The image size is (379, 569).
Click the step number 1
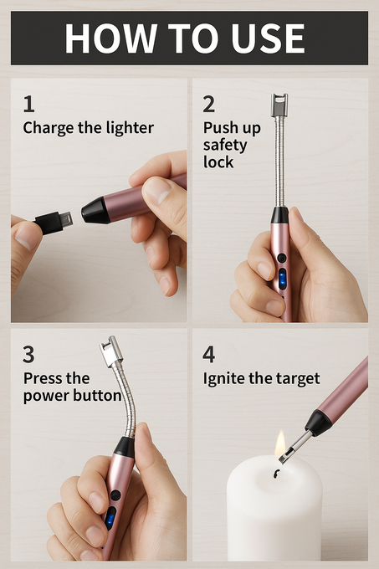pos(29,104)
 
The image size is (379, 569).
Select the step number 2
pos(209,104)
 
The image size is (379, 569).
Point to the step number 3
pos(28,355)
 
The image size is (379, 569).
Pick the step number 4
pos(209,355)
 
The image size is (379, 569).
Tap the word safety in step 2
pos(225,146)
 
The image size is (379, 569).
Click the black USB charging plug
pos(54,222)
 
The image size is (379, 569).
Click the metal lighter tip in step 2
pos(279,105)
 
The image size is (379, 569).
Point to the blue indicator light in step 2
pos(282,279)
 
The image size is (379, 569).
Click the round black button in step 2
pos(281,258)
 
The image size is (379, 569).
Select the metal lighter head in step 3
pos(110,351)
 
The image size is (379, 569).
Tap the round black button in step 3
pos(115,495)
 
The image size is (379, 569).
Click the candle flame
pos(279,443)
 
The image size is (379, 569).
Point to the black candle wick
pos(276,474)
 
